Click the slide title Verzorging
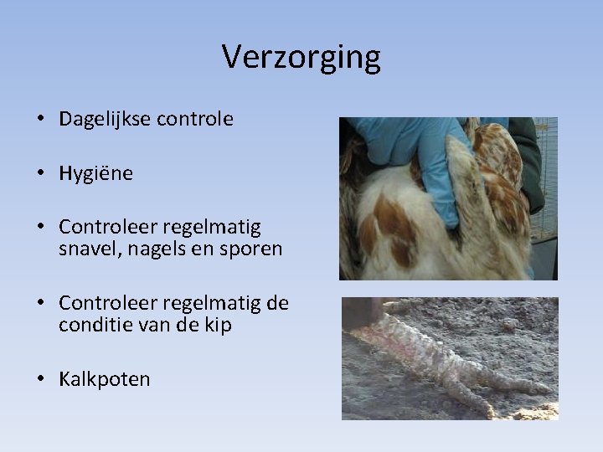(x=301, y=57)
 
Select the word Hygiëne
(x=95, y=174)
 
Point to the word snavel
(x=86, y=249)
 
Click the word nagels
(x=151, y=249)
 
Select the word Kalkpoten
(x=105, y=379)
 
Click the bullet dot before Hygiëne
(x=40, y=174)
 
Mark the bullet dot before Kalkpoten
(x=40, y=379)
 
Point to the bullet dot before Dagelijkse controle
(x=40, y=120)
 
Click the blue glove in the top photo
(x=419, y=151)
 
